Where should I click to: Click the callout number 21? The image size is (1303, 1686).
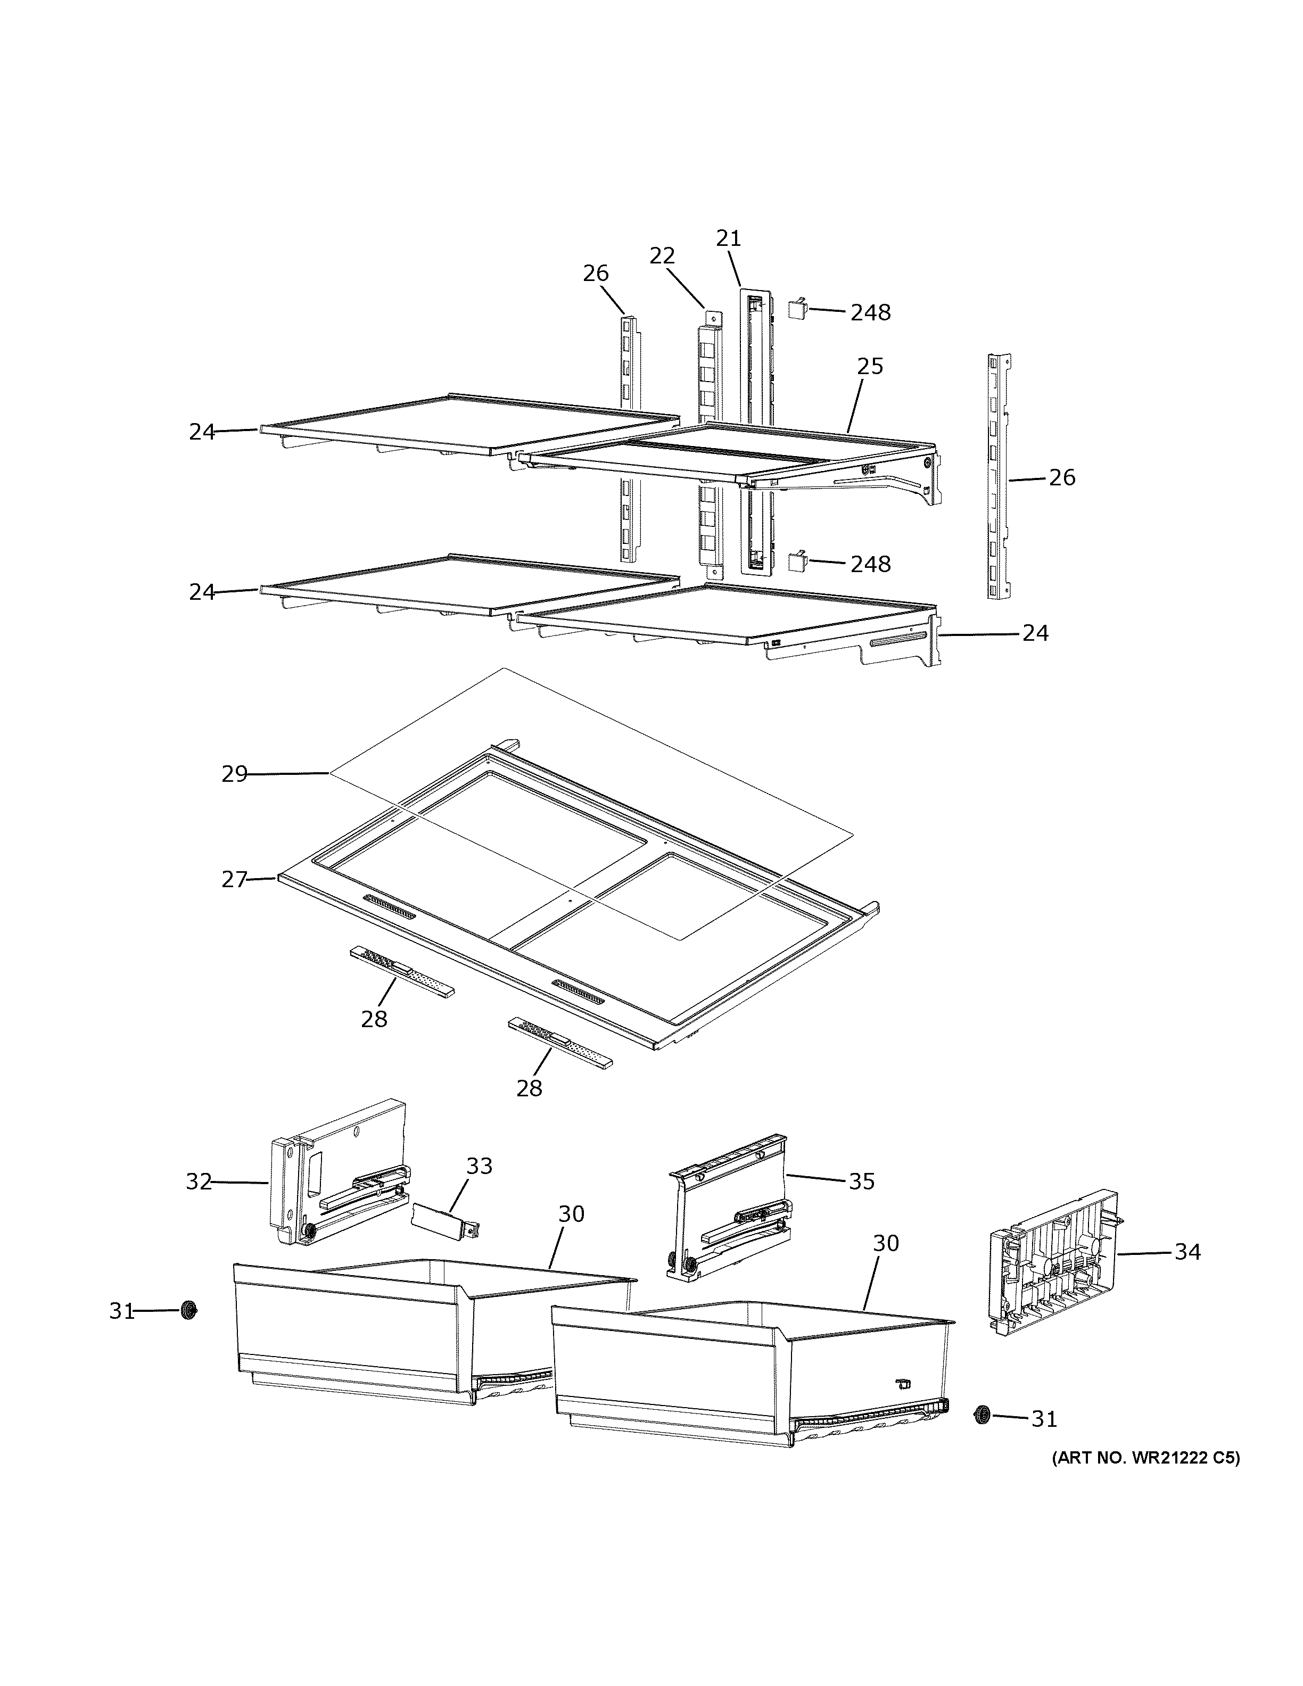[x=728, y=238]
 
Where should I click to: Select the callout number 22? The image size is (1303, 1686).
[x=662, y=255]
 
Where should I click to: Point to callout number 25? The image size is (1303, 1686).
[x=870, y=366]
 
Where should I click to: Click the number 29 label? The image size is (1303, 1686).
[x=235, y=773]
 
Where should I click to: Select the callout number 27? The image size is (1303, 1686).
[x=235, y=879]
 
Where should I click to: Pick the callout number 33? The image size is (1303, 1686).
[x=480, y=1187]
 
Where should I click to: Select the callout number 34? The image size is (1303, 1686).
[x=1187, y=1251]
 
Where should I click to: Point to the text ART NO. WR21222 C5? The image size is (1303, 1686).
[x=1145, y=1458]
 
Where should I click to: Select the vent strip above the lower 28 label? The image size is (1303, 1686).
[x=559, y=1042]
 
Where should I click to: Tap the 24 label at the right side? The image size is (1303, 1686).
[x=1035, y=633]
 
